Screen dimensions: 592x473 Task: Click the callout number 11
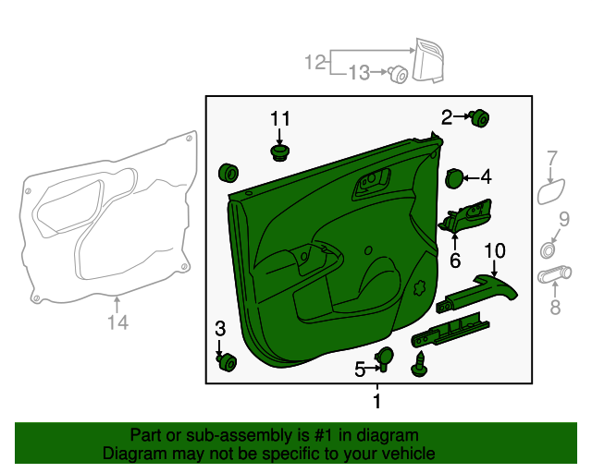[x=280, y=119]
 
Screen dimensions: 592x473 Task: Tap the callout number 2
[x=447, y=117]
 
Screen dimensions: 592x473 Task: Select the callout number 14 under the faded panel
[x=117, y=322]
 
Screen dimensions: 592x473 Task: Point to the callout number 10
[x=495, y=251]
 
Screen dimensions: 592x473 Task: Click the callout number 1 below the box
[x=376, y=401]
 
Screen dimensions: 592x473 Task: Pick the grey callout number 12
[x=315, y=62]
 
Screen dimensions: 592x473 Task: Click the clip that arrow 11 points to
[x=279, y=152]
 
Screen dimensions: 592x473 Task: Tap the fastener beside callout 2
[x=479, y=118]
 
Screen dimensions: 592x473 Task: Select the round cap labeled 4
[x=454, y=178]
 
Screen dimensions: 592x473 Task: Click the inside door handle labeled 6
[x=465, y=217]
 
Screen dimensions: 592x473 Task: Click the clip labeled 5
[x=384, y=358]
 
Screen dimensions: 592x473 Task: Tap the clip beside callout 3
[x=227, y=362]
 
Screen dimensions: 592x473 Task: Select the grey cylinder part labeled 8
[x=554, y=273]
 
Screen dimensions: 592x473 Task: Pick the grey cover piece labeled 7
[x=551, y=191]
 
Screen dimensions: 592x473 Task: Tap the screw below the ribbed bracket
[x=419, y=364]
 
